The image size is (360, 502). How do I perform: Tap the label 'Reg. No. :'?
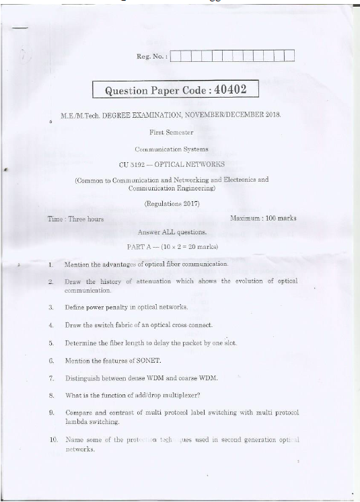point(151,57)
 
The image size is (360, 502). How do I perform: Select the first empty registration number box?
point(176,56)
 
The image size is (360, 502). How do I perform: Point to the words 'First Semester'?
point(171,133)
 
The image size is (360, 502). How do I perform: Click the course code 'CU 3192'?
point(133,164)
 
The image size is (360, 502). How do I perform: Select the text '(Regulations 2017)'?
point(172,203)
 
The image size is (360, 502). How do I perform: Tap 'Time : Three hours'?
point(75,219)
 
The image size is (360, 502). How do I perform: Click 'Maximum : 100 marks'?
point(263,218)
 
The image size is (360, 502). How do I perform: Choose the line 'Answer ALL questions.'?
point(172,232)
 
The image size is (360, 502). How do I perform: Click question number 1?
point(50,264)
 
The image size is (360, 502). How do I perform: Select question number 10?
point(52,439)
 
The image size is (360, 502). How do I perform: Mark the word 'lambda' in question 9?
point(77,422)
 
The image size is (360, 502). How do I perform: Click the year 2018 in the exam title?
point(271,116)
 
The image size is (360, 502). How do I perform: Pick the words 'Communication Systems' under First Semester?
point(172,149)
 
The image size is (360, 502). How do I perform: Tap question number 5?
point(50,343)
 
